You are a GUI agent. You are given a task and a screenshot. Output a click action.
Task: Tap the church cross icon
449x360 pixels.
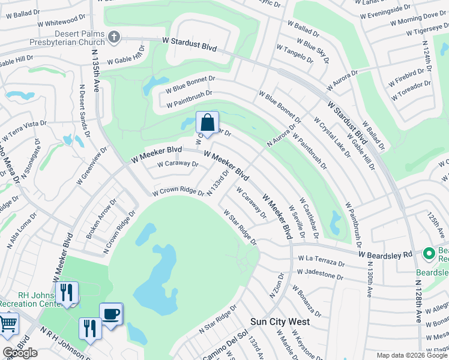point(113,38)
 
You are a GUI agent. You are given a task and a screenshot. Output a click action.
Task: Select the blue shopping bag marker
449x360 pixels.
point(207,123)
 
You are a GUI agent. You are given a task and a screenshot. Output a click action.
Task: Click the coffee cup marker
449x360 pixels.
point(110,314)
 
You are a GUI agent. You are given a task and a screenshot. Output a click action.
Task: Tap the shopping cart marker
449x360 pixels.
point(8,323)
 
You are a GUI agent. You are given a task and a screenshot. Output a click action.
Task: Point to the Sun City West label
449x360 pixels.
point(280,322)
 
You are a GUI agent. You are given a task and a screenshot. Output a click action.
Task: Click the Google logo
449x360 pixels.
point(20,353)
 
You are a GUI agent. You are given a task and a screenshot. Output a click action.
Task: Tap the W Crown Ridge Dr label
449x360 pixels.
point(178,191)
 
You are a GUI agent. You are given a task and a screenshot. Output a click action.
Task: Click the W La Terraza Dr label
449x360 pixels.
point(321,262)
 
